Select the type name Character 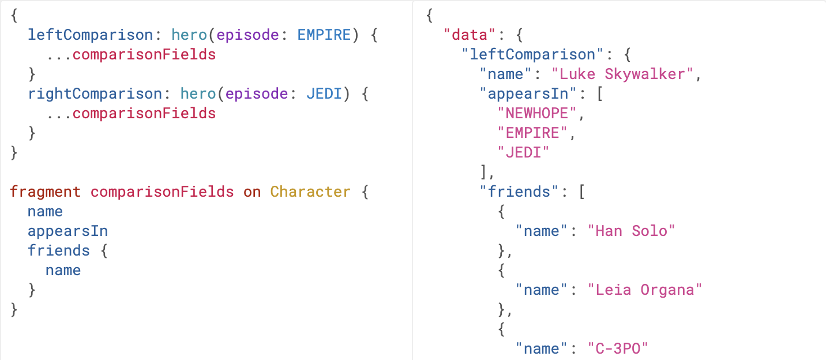[x=310, y=192]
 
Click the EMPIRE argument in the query [x=324, y=35]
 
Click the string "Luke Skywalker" [x=625, y=74]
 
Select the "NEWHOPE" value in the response [x=537, y=113]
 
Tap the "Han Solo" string [x=630, y=231]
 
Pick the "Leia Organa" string [x=644, y=290]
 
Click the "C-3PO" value [x=618, y=348]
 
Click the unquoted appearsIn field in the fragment [x=67, y=231]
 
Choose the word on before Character [x=252, y=192]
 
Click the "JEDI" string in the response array [x=523, y=152]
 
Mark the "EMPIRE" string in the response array [x=532, y=133]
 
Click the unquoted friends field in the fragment [x=59, y=250]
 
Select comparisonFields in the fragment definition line [x=162, y=192]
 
